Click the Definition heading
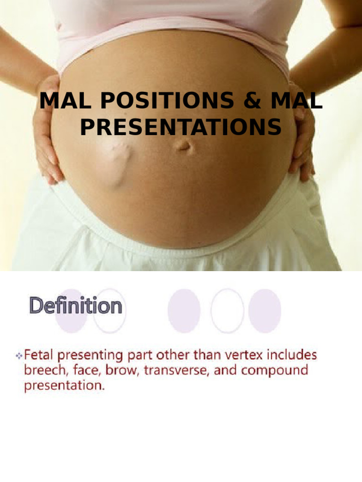click(x=76, y=306)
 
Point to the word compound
click(x=274, y=370)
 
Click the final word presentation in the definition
click(x=64, y=386)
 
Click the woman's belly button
click(x=183, y=146)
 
